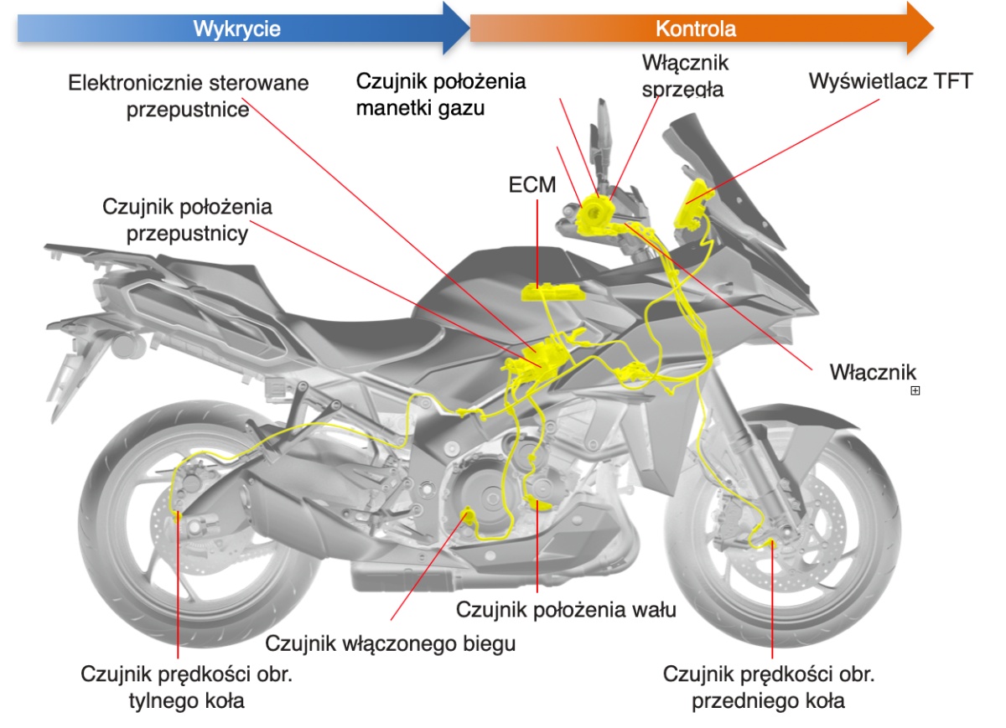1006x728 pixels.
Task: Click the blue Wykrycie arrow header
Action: click(x=236, y=28)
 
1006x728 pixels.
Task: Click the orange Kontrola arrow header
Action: click(x=696, y=28)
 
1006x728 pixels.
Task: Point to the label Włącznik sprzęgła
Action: click(x=685, y=75)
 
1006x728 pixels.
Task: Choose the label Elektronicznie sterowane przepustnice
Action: click(x=189, y=97)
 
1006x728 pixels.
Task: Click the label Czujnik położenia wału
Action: click(x=566, y=609)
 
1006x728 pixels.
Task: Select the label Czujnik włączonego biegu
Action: click(x=390, y=643)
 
